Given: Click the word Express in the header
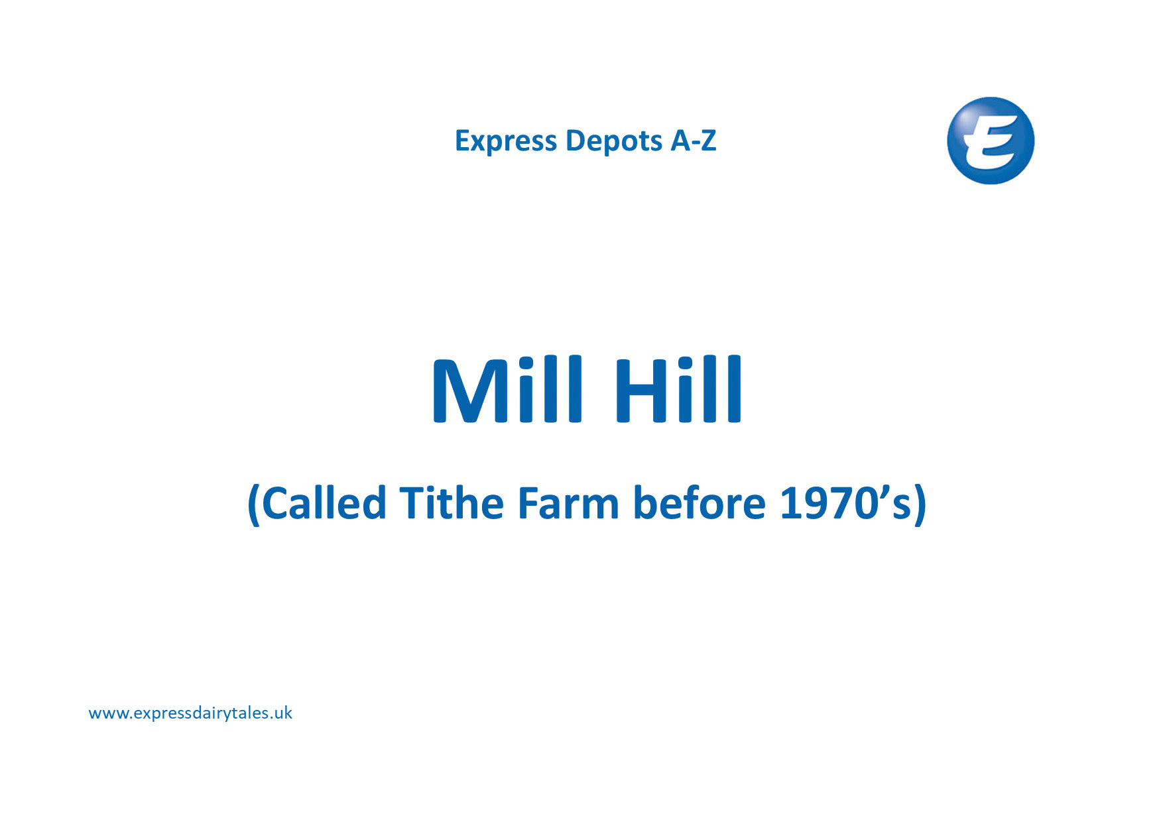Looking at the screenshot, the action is (x=506, y=141).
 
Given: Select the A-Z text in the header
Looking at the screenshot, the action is (x=694, y=141).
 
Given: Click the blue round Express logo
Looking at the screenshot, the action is (x=991, y=141).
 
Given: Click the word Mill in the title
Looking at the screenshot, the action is (x=508, y=389).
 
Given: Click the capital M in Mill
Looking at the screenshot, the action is (x=471, y=391).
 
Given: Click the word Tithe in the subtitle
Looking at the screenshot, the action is (x=452, y=502).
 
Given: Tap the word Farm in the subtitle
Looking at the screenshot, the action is (x=568, y=504).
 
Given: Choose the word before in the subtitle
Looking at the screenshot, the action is (x=700, y=502).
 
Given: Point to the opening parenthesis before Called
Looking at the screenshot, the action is (x=253, y=505).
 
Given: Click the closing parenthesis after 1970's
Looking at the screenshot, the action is (x=920, y=505).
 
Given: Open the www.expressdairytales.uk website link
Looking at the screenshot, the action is (x=190, y=713).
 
